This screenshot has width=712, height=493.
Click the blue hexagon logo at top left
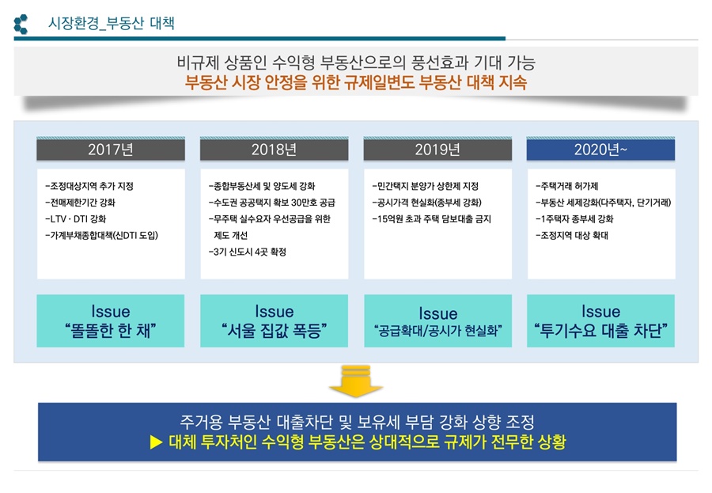pyautogui.click(x=21, y=25)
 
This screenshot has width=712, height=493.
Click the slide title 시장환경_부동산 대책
pyautogui.click(x=112, y=25)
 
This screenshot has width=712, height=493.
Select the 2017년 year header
pyautogui.click(x=111, y=150)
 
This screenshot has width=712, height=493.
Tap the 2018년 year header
pyautogui.click(x=274, y=150)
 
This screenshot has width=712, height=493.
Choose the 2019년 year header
pyautogui.click(x=437, y=150)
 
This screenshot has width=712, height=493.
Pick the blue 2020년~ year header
pyautogui.click(x=600, y=150)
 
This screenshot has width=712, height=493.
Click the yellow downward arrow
pyautogui.click(x=356, y=380)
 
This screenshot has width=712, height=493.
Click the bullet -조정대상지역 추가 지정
pyautogui.click(x=89, y=186)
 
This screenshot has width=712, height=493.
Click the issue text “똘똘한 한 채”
pyautogui.click(x=111, y=331)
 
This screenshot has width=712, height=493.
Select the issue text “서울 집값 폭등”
pyautogui.click(x=274, y=331)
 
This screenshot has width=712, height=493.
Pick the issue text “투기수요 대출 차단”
pyautogui.click(x=600, y=331)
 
